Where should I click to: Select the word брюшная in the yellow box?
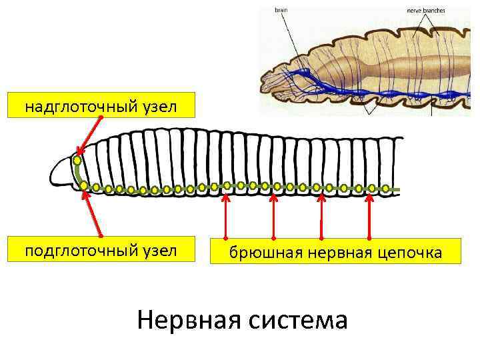[x=257, y=253]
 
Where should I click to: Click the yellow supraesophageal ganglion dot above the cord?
[x=78, y=161]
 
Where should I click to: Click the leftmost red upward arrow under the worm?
[x=226, y=217]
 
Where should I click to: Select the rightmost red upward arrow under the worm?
[x=369, y=217]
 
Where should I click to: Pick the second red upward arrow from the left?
[x=274, y=217]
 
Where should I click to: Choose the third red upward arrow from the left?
[x=322, y=217]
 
